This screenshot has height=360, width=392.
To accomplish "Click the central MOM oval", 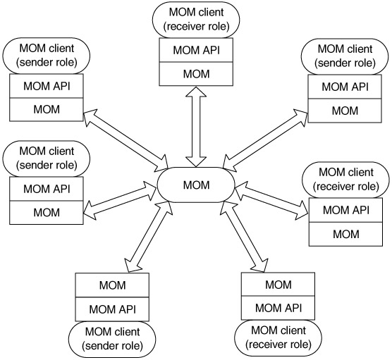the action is point(196,185).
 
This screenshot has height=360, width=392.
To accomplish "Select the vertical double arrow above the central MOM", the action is point(196,126).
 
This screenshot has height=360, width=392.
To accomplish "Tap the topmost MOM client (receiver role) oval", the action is point(196,20).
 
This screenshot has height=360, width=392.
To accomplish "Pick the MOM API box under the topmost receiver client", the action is point(196,50).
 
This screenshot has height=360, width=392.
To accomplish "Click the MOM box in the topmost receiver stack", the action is point(196,74).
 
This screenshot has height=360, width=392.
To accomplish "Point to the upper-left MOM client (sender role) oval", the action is point(47,56).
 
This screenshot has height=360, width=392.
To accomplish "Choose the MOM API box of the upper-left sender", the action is point(47,86).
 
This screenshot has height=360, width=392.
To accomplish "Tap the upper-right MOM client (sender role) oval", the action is point(345,56).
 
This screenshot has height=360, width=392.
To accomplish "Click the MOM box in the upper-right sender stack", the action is point(345,111).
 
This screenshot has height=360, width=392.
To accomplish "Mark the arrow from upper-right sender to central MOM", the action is point(266,141).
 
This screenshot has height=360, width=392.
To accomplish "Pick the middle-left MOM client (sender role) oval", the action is point(47,159).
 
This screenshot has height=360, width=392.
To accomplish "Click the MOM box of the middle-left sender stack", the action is point(47,212).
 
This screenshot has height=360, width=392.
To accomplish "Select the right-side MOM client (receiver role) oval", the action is point(345,180).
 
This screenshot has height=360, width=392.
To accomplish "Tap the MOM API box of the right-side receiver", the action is point(345,210).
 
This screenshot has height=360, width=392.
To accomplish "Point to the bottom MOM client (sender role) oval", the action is point(112,339).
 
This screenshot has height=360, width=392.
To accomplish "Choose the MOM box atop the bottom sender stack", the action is point(112,285).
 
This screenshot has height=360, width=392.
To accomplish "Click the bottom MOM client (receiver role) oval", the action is point(278,337).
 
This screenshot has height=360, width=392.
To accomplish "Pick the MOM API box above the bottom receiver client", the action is point(278,308).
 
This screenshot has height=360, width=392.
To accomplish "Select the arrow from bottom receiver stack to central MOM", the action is point(244,237).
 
